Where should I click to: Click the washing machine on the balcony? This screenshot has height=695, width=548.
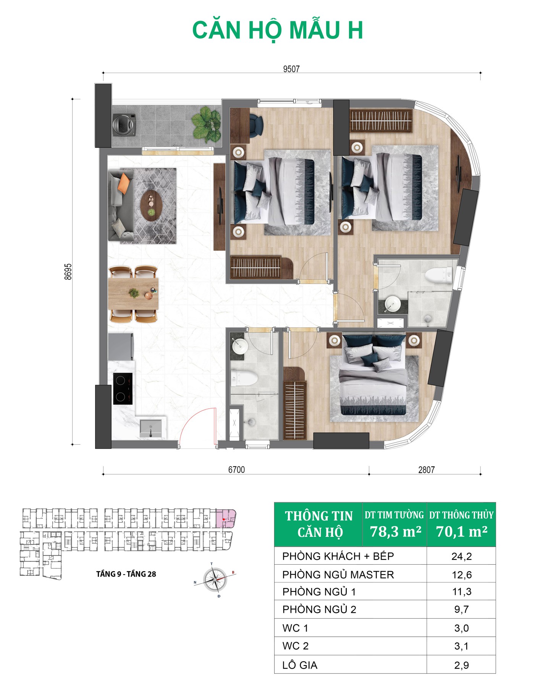124,124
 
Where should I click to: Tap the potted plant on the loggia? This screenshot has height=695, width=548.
206,124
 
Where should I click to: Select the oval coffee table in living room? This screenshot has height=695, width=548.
152,206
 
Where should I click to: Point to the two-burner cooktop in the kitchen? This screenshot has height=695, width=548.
123,389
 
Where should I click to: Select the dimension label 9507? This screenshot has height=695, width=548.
291,69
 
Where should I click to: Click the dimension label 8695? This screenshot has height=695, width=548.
68,272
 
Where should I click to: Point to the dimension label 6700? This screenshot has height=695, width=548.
236,470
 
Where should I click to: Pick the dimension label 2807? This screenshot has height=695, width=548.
426,470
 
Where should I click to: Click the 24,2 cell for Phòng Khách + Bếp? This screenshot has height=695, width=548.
461,556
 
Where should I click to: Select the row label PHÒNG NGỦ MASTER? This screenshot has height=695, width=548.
338,575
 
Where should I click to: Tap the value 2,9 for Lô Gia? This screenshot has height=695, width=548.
461,665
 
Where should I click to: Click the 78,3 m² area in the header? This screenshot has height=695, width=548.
396,531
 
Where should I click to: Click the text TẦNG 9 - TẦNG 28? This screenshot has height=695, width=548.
126,574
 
